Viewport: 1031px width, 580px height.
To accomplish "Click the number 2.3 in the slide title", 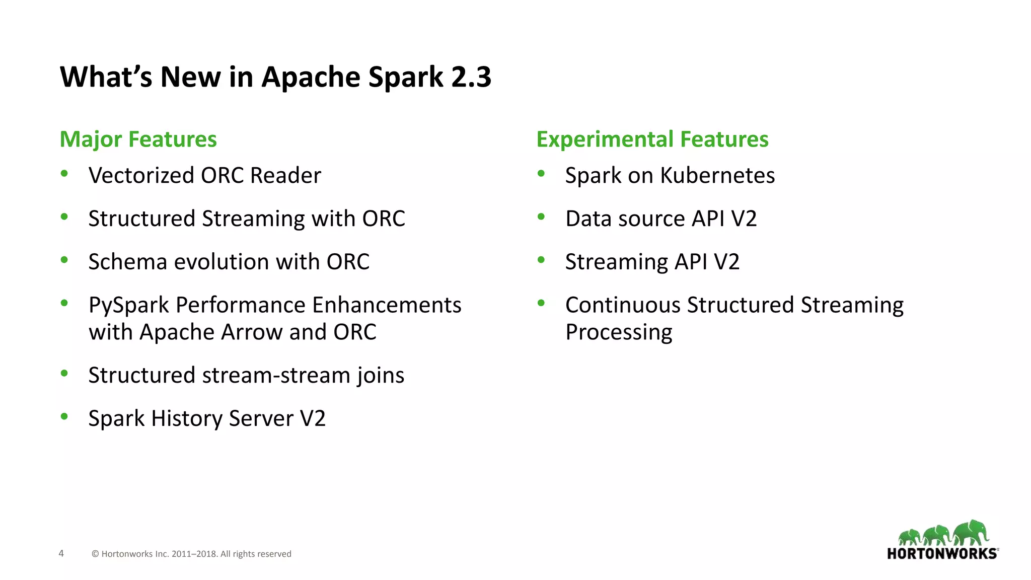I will (x=471, y=77).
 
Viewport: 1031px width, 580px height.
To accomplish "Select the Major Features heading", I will (x=138, y=139).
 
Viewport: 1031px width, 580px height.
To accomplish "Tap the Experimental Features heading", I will (x=652, y=139).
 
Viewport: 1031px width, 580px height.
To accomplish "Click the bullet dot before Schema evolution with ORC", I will (x=64, y=260).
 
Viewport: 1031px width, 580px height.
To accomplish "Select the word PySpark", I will (x=128, y=306).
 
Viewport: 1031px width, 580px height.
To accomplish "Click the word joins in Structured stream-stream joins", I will (x=381, y=376).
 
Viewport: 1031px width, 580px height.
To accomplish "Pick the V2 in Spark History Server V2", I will (x=313, y=419).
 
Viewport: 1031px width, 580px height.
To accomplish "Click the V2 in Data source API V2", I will (x=744, y=219).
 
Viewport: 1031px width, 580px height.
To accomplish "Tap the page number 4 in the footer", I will (x=61, y=553).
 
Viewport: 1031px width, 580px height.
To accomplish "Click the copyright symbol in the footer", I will (x=95, y=554).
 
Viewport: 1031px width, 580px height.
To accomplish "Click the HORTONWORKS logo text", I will (x=941, y=554).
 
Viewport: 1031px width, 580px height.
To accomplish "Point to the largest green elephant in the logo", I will (x=971, y=532).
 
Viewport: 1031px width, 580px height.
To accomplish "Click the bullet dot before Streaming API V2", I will (x=541, y=260).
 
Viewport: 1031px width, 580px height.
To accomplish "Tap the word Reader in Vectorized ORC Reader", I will (x=285, y=176).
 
